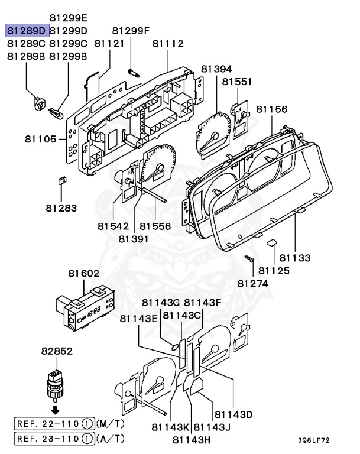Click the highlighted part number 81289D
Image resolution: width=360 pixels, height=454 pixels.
[27, 30]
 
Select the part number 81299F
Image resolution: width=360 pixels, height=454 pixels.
[131, 30]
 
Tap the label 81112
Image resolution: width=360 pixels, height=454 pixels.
[168, 43]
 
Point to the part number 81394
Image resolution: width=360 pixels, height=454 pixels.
[216, 69]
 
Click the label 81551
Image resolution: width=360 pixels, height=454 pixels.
[237, 82]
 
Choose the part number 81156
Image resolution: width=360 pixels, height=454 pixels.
[272, 109]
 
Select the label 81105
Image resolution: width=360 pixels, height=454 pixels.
[41, 139]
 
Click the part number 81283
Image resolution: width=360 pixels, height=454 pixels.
[61, 208]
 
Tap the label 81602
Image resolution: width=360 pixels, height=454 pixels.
[84, 273]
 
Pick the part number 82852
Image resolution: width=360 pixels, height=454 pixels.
[57, 351]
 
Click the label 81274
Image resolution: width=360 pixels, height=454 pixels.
[253, 284]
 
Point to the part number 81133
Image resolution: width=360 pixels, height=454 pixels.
[295, 258]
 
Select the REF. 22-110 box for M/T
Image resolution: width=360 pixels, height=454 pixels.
[54, 424]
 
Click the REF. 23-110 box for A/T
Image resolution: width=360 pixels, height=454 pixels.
[54, 439]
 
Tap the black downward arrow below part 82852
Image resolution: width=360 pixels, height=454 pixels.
[56, 410]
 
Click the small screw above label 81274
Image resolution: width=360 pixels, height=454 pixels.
[249, 258]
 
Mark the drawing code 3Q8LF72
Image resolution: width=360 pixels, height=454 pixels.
[314, 440]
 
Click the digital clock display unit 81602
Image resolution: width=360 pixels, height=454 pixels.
[86, 309]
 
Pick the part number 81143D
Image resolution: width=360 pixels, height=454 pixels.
[233, 414]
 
